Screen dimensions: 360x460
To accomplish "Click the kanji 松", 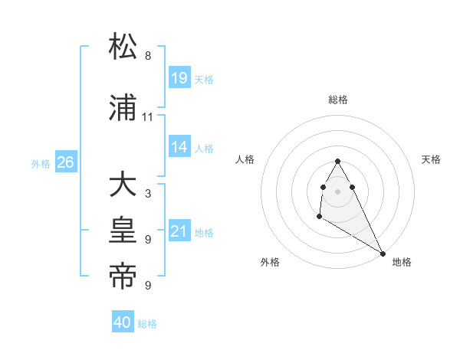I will pos(123,47).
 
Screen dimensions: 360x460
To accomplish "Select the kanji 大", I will pos(123,185).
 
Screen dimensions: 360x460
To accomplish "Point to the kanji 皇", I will pos(123,231).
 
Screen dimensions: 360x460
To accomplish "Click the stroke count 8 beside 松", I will pos(148,56).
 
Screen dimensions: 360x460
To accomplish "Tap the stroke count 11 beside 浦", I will pos(148,117).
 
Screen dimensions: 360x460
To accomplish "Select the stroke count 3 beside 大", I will pos(148,194).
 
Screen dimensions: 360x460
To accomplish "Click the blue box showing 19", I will pos(179,78).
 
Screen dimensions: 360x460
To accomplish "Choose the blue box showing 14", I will pos(179,147).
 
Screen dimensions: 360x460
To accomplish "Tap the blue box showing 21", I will pos(179,231).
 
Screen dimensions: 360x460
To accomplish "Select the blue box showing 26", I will pos(66,162).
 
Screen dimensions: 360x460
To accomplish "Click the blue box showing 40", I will pos(123,323).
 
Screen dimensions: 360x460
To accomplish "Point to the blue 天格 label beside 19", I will pos(204,79).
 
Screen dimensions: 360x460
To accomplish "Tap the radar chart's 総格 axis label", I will pos(338,100).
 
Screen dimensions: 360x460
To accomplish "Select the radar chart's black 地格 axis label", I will pos(402,262).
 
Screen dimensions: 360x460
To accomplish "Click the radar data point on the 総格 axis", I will pos(338,161).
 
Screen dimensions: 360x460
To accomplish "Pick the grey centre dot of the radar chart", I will pos(338,191).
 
